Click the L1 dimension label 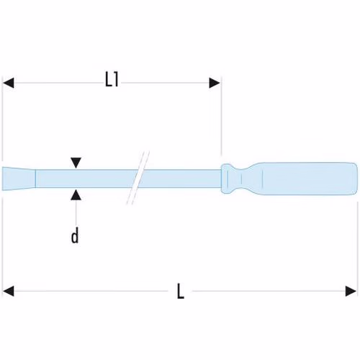[x=112, y=79]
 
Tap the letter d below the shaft [x=75, y=235]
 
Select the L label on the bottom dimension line [x=181, y=291]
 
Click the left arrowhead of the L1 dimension [x=8, y=83]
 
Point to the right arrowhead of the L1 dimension [x=215, y=83]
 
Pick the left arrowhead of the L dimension [x=8, y=291]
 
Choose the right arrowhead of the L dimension [x=351, y=291]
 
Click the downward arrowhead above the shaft [x=76, y=163]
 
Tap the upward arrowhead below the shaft [x=76, y=195]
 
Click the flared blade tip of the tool [x=19, y=179]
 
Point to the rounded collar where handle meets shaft [x=227, y=179]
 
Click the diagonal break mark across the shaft [x=138, y=178]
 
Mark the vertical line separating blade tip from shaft [x=35, y=179]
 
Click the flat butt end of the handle [x=357, y=179]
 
